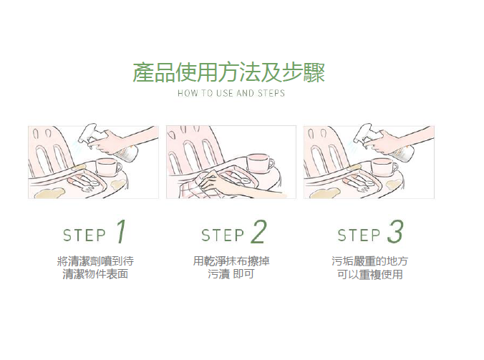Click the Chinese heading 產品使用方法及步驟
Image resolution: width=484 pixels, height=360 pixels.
[x=228, y=73]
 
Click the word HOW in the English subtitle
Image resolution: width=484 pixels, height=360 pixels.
[x=185, y=93]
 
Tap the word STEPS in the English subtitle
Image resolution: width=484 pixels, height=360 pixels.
[x=271, y=93]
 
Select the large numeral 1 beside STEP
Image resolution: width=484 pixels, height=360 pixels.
[x=121, y=232]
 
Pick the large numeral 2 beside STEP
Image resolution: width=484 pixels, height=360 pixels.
[x=258, y=232]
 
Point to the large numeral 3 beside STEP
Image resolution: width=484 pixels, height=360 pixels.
[x=395, y=231]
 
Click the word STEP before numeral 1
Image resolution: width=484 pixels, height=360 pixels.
[x=84, y=235]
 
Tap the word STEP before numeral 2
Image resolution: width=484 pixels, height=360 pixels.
[x=223, y=235]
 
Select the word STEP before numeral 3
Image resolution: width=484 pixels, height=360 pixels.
[x=359, y=235]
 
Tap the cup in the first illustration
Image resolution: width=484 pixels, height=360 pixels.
[x=108, y=167]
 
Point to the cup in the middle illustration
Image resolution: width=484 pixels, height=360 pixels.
[x=260, y=162]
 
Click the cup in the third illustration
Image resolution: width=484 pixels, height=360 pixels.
[x=384, y=167]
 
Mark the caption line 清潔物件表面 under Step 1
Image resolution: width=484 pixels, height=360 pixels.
[x=95, y=274]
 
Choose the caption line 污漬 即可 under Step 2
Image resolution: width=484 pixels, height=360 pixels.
[x=231, y=274]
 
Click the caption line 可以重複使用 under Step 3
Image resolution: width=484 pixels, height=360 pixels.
[x=369, y=274]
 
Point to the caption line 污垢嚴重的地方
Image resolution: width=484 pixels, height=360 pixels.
[x=369, y=261]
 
